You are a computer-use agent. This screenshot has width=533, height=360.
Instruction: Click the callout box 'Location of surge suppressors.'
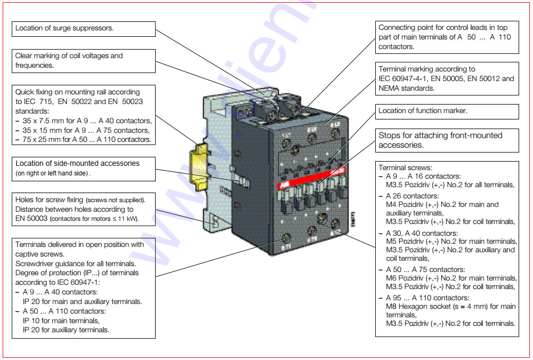pyautogui.click(x=84, y=29)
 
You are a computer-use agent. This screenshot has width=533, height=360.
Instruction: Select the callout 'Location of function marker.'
pyautogui.click(x=447, y=111)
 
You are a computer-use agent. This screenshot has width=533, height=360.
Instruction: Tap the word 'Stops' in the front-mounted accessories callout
pyautogui.click(x=389, y=135)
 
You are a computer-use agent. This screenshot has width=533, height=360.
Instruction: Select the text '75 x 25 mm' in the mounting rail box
pyautogui.click(x=41, y=139)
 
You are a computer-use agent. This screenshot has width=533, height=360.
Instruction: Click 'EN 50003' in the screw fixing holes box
pyautogui.click(x=31, y=218)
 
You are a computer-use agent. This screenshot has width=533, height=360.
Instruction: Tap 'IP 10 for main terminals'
pyautogui.click(x=61, y=321)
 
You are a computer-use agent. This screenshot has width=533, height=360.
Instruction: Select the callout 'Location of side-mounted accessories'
pyautogui.click(x=84, y=167)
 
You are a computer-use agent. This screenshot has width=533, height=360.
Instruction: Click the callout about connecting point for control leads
pyautogui.click(x=447, y=37)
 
